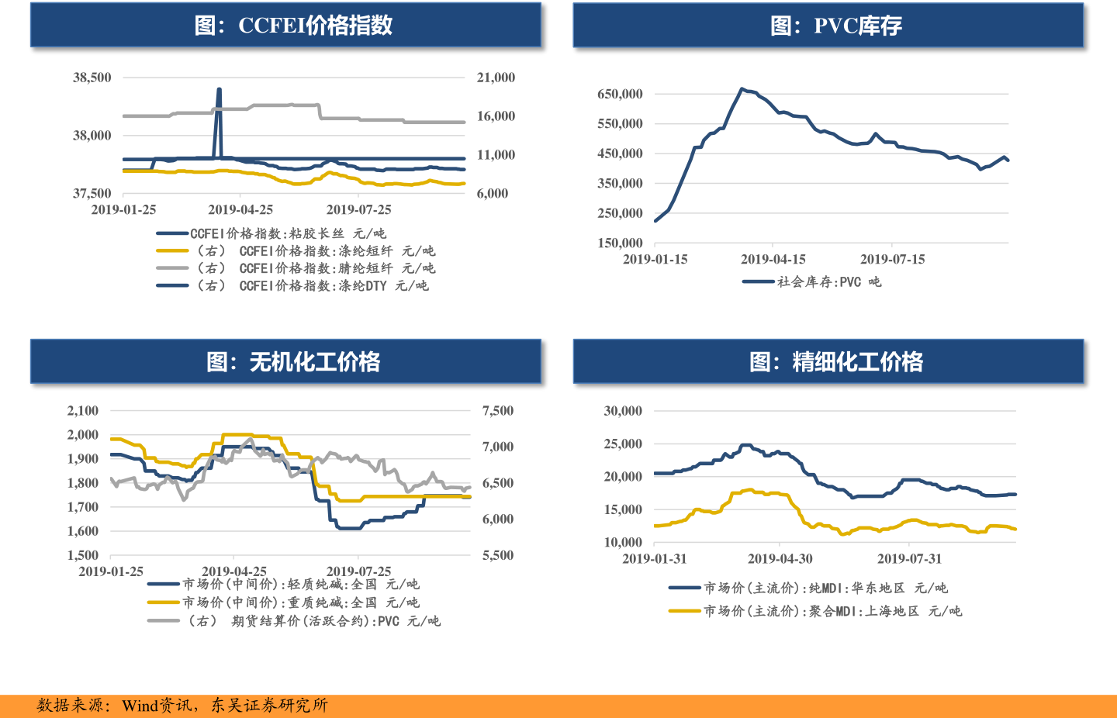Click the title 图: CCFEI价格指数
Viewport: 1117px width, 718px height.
(293, 26)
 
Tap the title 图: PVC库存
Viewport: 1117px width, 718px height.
(835, 26)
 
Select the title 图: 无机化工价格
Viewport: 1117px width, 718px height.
(293, 362)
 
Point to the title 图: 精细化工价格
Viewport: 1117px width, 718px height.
(835, 362)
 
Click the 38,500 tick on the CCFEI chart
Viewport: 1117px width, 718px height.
(92, 78)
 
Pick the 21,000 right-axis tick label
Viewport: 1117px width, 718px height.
(496, 78)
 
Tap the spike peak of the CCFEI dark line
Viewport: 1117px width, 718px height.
(219, 90)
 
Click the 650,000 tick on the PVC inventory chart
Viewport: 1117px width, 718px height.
(620, 94)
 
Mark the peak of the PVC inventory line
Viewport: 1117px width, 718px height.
(742, 89)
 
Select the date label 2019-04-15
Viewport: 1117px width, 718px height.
(773, 259)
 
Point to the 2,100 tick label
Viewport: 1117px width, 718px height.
(83, 411)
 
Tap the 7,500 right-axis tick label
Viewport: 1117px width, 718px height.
(498, 411)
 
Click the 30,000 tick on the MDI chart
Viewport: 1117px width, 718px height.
(623, 411)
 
